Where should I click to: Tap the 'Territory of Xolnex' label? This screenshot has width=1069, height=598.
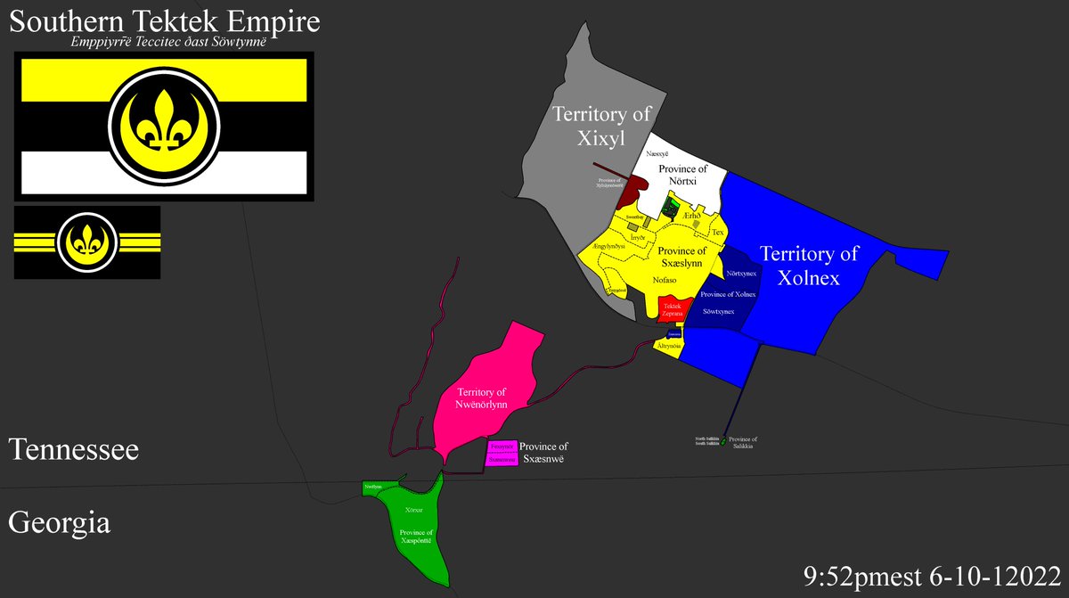[809, 266]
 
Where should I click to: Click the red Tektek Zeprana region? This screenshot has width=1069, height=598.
[671, 308]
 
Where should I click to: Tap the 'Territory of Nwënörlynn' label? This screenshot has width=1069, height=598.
[482, 397]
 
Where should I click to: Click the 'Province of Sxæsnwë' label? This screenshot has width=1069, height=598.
[543, 453]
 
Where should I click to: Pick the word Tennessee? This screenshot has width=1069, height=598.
[74, 450]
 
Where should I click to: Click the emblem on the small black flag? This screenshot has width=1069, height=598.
[87, 242]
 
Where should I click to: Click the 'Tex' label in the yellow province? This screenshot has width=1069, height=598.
[717, 233]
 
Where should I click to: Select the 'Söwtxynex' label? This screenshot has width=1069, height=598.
[717, 312]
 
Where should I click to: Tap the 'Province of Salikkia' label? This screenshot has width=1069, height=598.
[742, 442]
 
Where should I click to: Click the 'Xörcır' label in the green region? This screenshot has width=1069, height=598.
[413, 510]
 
